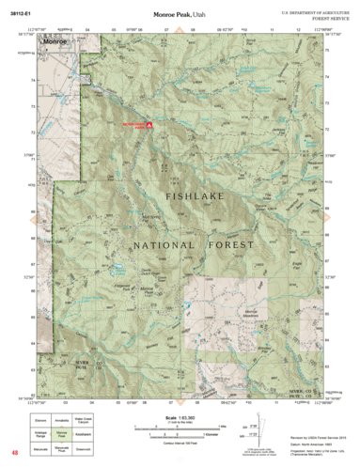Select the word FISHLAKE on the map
point(197,197)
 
